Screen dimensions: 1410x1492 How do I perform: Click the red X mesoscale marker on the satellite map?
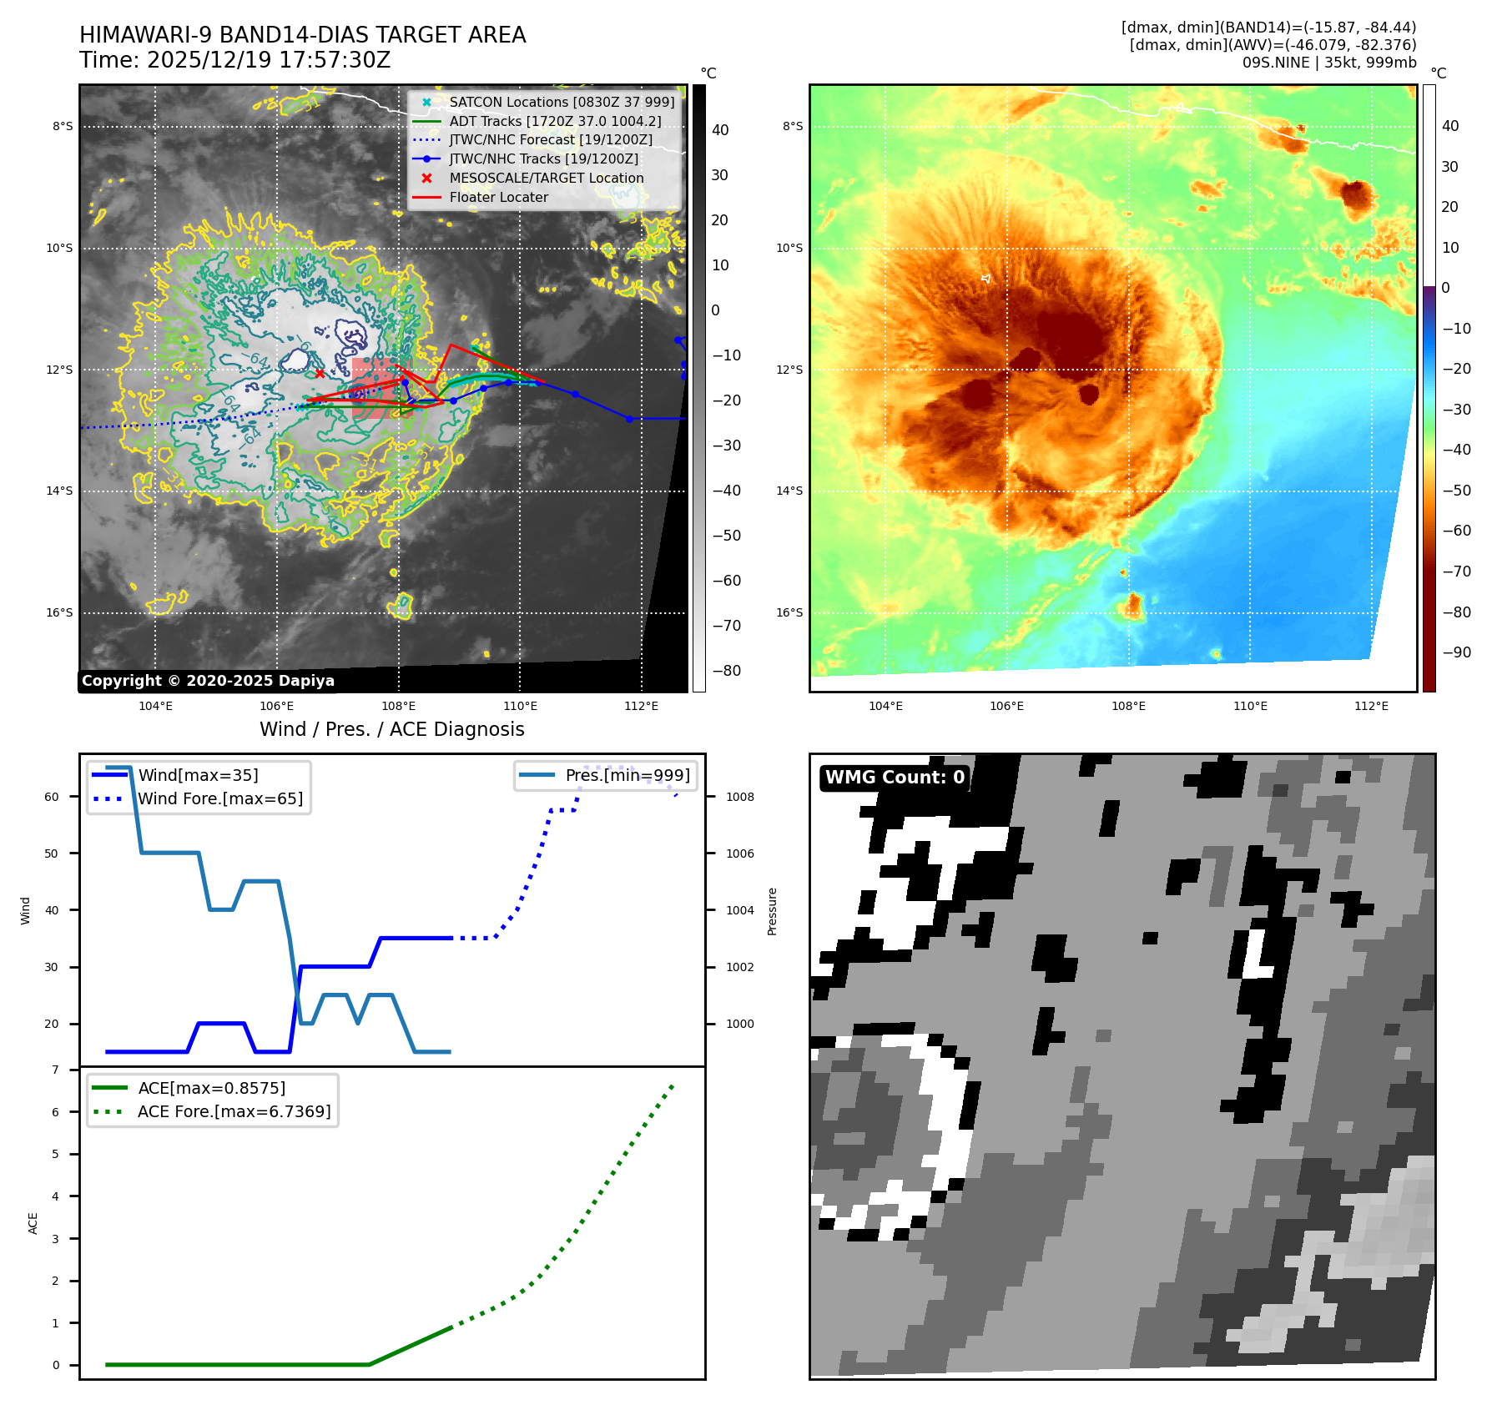(x=320, y=373)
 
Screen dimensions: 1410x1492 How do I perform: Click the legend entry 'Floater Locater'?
(x=498, y=198)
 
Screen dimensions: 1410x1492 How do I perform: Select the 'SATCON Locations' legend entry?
(x=562, y=103)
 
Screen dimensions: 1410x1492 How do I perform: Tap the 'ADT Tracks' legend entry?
(x=555, y=122)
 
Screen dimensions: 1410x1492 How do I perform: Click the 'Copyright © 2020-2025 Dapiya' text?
(x=208, y=681)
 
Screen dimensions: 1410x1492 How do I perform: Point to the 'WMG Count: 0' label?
(x=895, y=778)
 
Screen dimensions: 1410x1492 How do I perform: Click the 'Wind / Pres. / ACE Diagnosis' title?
(x=391, y=729)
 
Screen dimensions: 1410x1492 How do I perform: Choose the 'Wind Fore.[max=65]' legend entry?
(x=220, y=799)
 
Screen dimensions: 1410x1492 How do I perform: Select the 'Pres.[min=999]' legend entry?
(x=628, y=776)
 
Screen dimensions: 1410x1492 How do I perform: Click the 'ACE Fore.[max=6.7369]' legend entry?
(x=234, y=1112)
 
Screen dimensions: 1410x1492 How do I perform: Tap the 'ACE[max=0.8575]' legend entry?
(x=211, y=1089)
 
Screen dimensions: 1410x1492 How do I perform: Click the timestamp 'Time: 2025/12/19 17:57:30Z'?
(x=234, y=61)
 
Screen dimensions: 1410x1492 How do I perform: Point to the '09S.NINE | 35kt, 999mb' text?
(x=1328, y=63)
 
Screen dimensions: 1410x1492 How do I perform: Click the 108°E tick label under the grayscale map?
(x=398, y=707)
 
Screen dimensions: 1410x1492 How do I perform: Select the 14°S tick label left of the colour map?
(x=789, y=491)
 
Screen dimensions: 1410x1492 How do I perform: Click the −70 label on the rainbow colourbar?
(x=1456, y=572)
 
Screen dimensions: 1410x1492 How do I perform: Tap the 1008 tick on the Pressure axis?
(x=739, y=798)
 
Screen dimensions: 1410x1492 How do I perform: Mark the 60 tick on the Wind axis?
(x=52, y=798)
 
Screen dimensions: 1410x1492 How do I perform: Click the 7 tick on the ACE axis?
(x=56, y=1070)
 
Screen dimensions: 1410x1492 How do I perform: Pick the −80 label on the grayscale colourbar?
(x=726, y=671)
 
